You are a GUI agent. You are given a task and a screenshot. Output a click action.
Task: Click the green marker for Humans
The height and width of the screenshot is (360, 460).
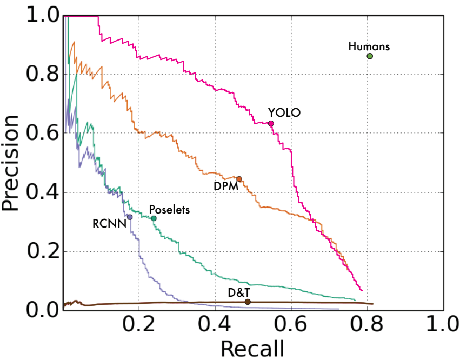(370, 56)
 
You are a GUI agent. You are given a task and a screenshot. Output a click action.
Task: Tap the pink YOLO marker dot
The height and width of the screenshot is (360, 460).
(271, 124)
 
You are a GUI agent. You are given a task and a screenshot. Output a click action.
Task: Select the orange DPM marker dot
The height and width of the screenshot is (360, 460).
(239, 179)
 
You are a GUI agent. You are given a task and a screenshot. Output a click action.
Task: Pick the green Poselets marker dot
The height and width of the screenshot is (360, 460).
(154, 218)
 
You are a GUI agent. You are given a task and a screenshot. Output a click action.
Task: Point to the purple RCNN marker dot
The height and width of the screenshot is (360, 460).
(130, 217)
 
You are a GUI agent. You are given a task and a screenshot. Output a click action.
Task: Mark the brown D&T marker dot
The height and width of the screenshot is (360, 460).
(248, 302)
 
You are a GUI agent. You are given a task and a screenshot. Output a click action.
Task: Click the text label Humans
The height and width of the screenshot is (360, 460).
(369, 46)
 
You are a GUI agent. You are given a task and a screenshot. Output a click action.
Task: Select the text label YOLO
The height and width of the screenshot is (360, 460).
(284, 113)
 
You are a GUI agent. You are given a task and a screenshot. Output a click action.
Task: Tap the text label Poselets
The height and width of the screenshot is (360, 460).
(169, 210)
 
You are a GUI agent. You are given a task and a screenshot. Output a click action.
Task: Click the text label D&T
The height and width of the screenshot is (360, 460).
(238, 292)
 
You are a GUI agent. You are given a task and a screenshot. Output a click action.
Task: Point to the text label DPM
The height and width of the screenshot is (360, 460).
(221, 185)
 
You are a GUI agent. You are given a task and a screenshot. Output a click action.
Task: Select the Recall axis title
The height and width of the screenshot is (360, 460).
(251, 348)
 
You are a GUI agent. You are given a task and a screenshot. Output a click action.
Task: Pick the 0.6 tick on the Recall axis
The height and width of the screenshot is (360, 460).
(291, 325)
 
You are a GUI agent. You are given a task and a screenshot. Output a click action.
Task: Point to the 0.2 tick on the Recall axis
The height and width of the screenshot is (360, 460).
(139, 325)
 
